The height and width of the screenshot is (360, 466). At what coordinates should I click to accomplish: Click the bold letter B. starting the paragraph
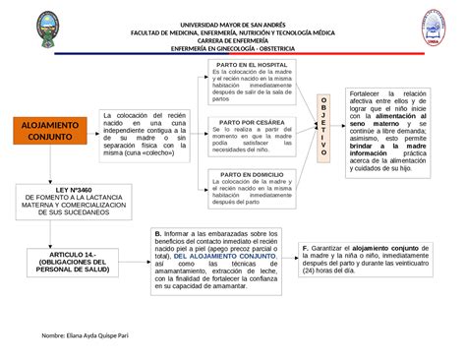pyautogui.click(x=157, y=233)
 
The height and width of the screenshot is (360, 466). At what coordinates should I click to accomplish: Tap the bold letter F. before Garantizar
pyautogui.click(x=306, y=248)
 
